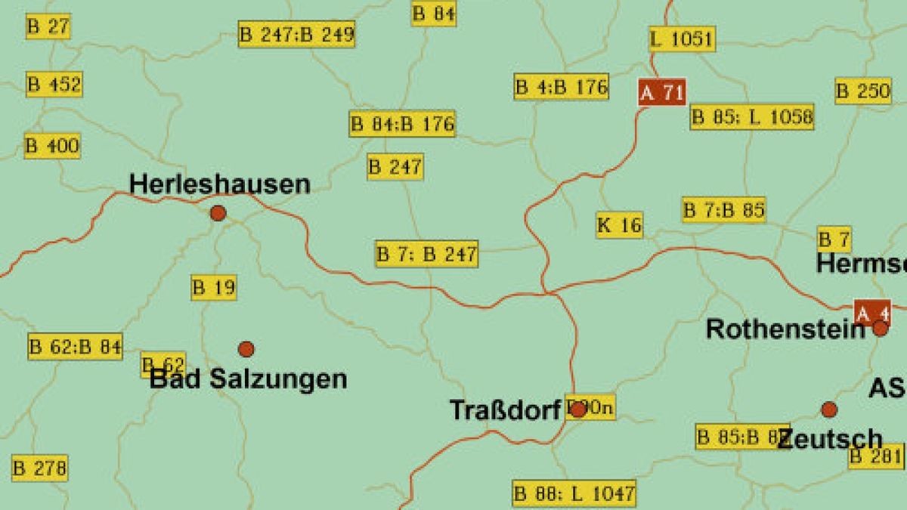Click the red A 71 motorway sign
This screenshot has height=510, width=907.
pyautogui.click(x=662, y=93)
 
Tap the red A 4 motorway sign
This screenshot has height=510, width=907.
pyautogui.click(x=872, y=312)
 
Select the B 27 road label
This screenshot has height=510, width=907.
pyautogui.click(x=48, y=26)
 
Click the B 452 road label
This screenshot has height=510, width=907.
pyautogui.click(x=54, y=84)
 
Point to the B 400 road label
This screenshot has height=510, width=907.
pyautogui.click(x=52, y=146)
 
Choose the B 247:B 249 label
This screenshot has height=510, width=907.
pyautogui.click(x=296, y=34)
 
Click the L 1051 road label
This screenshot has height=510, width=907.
pyautogui.click(x=682, y=39)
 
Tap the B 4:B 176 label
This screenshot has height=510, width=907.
pyautogui.click(x=562, y=87)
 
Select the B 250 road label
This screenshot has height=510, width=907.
pyautogui.click(x=863, y=91)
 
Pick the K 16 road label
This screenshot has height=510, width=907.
pyautogui.click(x=619, y=225)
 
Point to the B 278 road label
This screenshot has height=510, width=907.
pyautogui.click(x=39, y=468)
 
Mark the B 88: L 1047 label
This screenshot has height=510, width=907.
pyautogui.click(x=574, y=494)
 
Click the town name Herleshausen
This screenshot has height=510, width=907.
pyautogui.click(x=219, y=184)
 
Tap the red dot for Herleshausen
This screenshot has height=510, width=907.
pyautogui.click(x=218, y=213)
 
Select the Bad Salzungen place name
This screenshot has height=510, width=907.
pyautogui.click(x=249, y=379)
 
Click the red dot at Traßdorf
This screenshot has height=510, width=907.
pyautogui.click(x=577, y=410)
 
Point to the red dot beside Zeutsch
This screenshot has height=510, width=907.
pyautogui.click(x=829, y=410)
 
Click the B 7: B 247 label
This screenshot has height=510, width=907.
pyautogui.click(x=427, y=254)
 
